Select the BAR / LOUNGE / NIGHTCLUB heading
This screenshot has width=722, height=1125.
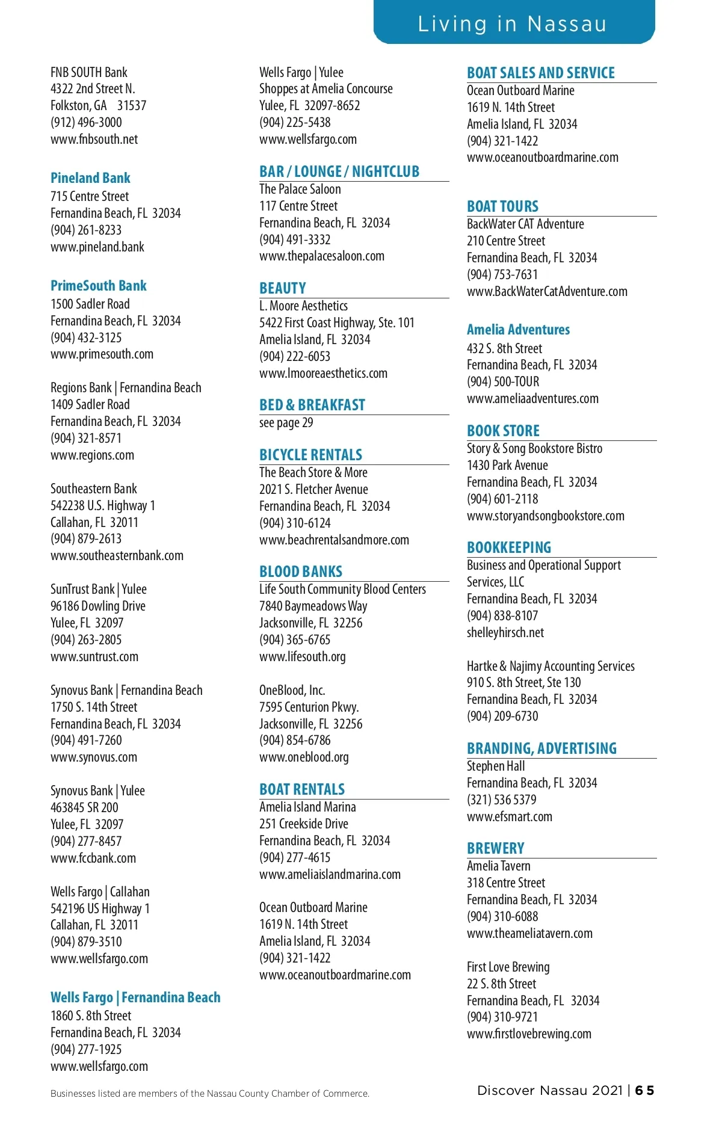click(x=339, y=172)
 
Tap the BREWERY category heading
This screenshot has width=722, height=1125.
click(x=496, y=848)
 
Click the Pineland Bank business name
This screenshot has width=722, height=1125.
click(x=90, y=178)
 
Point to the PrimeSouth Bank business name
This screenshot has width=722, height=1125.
click(x=99, y=286)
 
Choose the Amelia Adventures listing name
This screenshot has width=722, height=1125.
click(x=518, y=330)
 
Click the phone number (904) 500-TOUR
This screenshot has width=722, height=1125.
click(x=503, y=381)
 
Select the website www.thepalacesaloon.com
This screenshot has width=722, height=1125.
click(x=322, y=256)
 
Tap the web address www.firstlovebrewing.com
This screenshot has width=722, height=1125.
click(x=529, y=1034)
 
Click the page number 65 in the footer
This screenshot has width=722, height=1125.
click(x=644, y=1090)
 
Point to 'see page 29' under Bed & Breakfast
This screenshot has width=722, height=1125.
click(x=286, y=422)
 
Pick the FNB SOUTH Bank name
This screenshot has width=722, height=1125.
click(x=89, y=73)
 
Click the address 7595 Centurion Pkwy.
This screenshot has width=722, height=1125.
click(x=309, y=707)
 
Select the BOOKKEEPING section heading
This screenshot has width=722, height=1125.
click(x=509, y=547)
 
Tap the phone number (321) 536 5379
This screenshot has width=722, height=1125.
click(x=502, y=800)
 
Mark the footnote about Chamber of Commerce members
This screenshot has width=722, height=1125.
click(x=210, y=1093)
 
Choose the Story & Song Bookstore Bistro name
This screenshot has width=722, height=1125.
click(x=534, y=448)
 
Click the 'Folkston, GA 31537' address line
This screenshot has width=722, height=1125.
click(x=98, y=106)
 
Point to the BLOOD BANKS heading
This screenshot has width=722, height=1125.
click(x=301, y=572)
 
